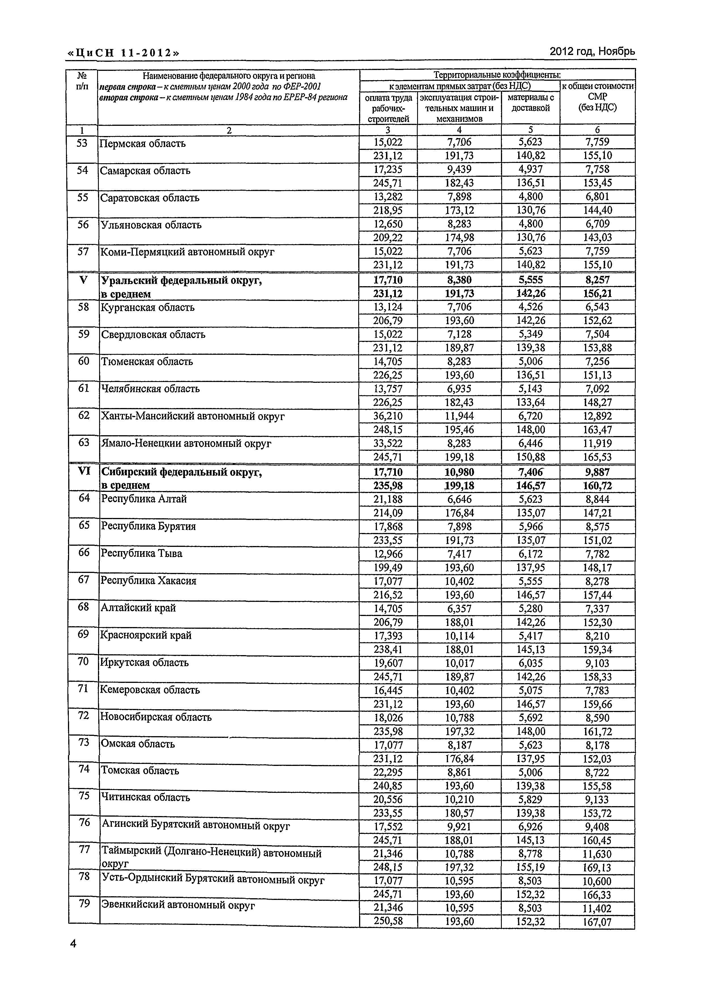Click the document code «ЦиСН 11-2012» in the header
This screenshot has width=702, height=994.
pos(123,53)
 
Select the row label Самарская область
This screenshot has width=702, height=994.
pos(145,171)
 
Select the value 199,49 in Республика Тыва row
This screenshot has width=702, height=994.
pos(388,568)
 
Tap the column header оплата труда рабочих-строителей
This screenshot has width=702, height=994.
pos(388,108)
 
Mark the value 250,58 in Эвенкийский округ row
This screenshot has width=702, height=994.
pos(388,921)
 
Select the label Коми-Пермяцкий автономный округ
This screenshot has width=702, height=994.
pos(187,252)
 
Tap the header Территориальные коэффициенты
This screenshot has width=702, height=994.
pos(497,75)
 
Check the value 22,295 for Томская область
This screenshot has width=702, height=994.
pos(388,772)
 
